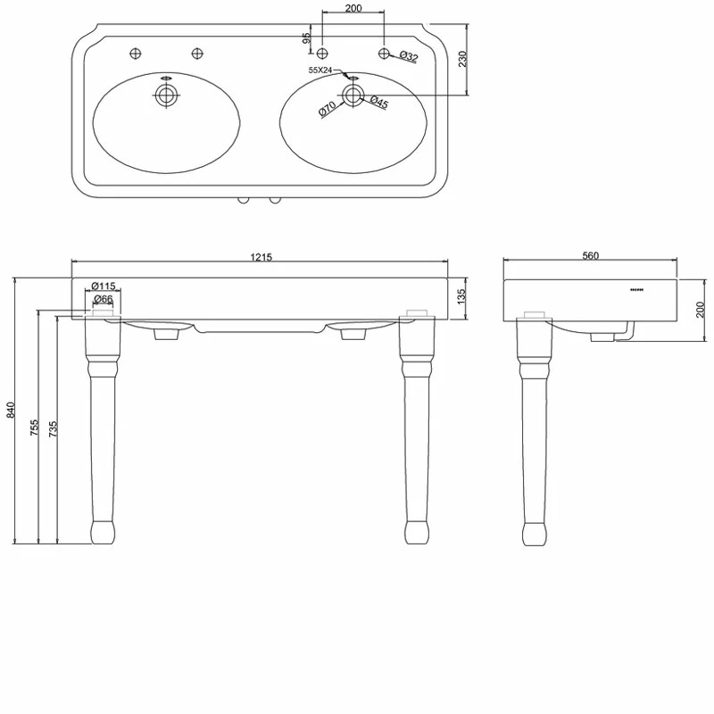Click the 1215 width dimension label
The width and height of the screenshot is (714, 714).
pos(261,257)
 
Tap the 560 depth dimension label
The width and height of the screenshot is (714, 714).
pos(590,255)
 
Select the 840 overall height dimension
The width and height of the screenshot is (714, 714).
pos(11,410)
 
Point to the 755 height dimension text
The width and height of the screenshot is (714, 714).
pos(35,428)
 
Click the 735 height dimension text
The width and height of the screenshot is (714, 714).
pos(54,428)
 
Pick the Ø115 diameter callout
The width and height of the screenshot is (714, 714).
pos(104,286)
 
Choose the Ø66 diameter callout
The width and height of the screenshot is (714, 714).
pos(104,299)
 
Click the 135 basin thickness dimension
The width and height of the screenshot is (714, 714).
pos(461,296)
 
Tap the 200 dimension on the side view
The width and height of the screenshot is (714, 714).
pos(701,310)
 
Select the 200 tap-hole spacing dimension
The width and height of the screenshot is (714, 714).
pos(353,8)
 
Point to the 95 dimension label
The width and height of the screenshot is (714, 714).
pos(307,37)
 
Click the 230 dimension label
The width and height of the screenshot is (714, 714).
pos(463,59)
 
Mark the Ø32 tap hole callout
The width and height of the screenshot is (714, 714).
pos(409,56)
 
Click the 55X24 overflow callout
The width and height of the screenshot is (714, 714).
pos(320,71)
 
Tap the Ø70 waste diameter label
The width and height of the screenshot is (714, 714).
pos(327,108)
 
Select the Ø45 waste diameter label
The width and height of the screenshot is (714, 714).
pos(378,101)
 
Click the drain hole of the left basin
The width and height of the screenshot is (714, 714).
pos(166,95)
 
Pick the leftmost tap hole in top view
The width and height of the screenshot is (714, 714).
pos(136,54)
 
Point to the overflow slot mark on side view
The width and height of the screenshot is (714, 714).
pos(636,289)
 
